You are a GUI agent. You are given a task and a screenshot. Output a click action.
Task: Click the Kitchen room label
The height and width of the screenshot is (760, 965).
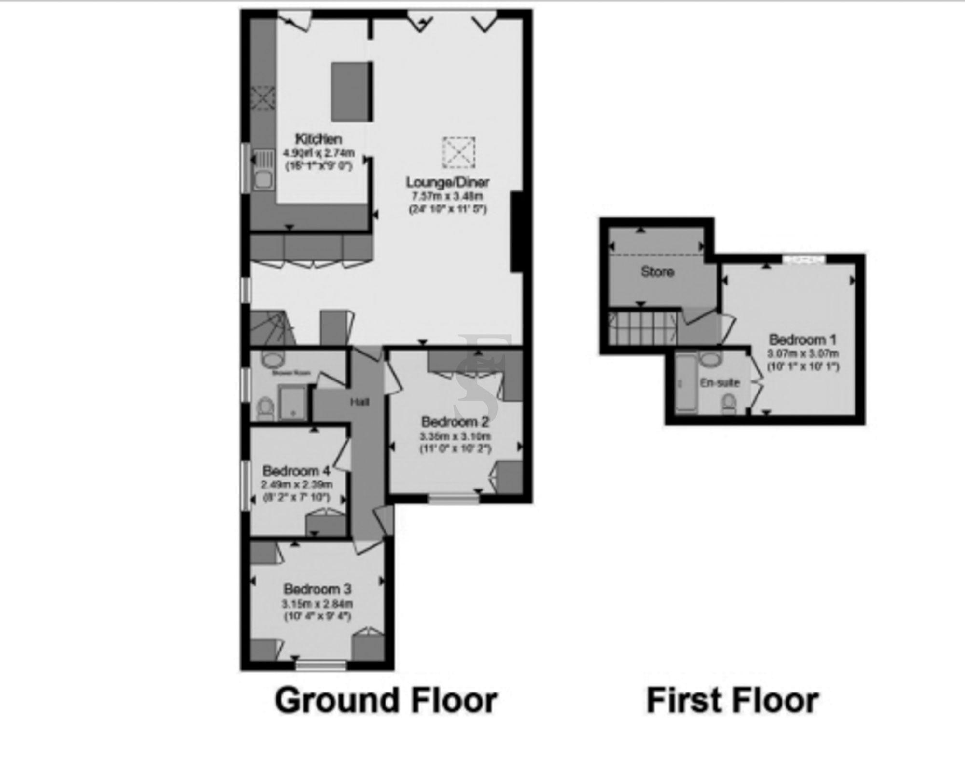tap(318, 139)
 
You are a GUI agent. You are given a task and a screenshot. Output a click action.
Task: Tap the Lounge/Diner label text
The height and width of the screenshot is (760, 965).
tap(447, 182)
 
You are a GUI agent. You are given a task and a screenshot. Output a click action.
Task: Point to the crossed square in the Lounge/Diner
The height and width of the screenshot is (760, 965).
tap(459, 152)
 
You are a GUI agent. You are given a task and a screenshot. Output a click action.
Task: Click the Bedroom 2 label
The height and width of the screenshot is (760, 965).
tap(455, 422)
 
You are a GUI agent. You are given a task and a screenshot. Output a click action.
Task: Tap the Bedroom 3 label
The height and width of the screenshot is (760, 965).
tap(317, 589)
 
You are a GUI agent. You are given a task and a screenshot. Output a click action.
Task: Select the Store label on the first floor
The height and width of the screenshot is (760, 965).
tap(657, 272)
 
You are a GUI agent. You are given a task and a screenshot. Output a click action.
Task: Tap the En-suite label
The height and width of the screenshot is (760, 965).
tap(719, 382)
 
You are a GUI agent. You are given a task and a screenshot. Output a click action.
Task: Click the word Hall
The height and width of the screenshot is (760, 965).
tap(359, 402)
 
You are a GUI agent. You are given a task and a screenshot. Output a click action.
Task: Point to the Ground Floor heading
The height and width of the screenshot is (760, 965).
tap(386, 700)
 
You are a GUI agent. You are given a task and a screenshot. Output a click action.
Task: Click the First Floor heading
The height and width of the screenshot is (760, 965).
tap(732, 700)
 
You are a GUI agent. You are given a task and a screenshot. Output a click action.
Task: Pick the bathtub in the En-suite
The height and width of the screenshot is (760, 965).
tap(686, 383)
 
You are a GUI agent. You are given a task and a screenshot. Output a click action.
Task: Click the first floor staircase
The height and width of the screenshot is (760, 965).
tap(643, 328)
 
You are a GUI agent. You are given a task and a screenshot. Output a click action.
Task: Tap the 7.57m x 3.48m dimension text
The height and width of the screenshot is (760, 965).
tap(447, 196)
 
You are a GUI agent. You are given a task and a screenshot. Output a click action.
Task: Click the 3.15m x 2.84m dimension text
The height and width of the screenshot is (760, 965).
tap(317, 604)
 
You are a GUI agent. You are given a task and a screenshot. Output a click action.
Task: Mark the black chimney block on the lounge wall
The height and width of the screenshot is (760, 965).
tap(517, 231)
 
